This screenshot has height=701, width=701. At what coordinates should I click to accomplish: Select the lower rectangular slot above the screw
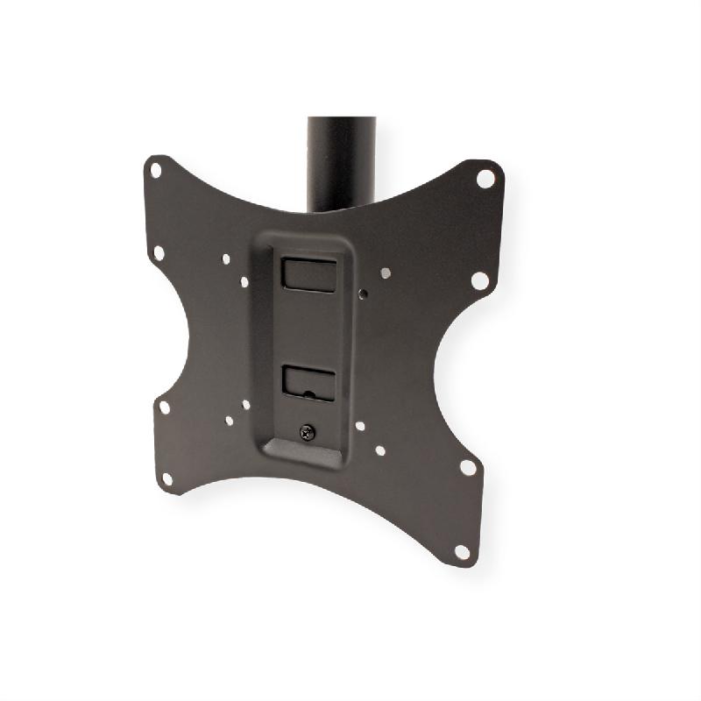coord(308,382)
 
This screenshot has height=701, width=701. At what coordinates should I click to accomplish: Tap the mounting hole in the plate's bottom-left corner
coord(166,478)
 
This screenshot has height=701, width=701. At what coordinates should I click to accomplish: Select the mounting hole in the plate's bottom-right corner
coord(461,551)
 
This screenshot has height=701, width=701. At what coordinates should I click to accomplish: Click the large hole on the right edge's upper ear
coord(479,280)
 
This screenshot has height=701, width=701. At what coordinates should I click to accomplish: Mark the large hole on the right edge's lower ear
coord(468,467)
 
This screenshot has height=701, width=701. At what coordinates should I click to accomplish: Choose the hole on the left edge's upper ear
coord(159,252)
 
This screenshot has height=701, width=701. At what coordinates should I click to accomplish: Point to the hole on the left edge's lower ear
coord(164,407)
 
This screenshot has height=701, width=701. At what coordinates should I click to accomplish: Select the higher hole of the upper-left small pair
coord(227,259)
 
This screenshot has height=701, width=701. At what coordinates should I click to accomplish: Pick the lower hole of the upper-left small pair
coord(243,281)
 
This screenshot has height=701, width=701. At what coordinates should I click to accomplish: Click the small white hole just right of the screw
coord(359,426)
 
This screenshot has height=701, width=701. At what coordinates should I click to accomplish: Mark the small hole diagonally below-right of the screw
coord(379,451)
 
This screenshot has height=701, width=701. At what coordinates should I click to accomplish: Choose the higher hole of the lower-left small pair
coord(245,405)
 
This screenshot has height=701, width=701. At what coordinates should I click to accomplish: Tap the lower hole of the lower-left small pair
coord(229,421)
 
